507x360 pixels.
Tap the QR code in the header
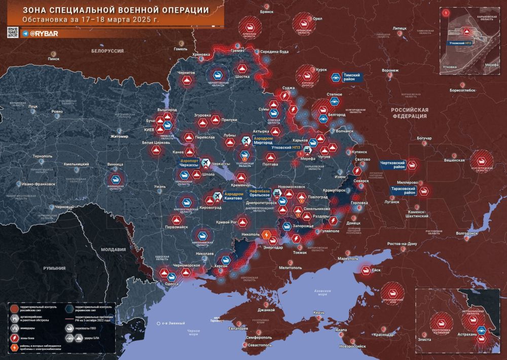13,33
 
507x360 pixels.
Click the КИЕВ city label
149,130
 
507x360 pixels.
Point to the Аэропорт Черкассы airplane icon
206,162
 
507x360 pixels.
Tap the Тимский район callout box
351,77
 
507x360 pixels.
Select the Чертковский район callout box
393,164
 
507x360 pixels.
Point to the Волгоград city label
467,234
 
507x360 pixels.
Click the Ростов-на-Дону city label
402,244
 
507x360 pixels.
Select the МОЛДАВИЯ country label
113,249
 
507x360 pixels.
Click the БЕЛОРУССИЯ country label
108,51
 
